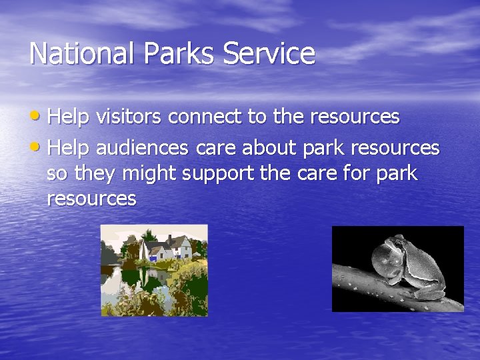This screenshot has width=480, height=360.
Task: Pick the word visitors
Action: tap(131, 117)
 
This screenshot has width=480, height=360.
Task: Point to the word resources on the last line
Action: tap(91, 198)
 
